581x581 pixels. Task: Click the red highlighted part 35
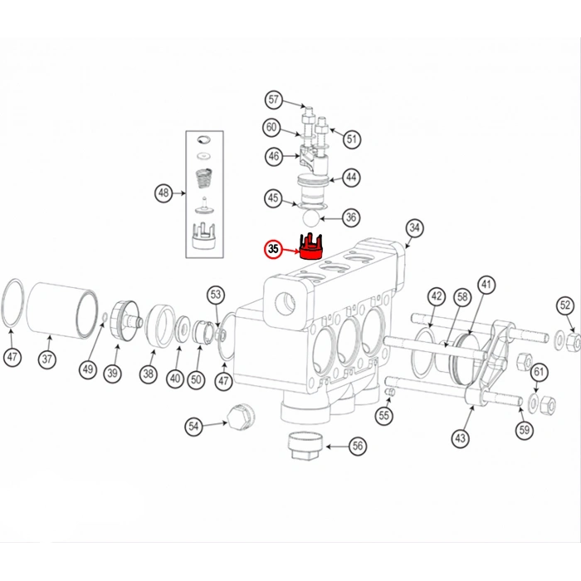pos(312,248)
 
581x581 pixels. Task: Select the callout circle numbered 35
pos(274,248)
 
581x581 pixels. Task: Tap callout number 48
pos(164,193)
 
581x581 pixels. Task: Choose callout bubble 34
pos(414,228)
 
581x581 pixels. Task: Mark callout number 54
pos(194,426)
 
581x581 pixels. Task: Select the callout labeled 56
pos(357,446)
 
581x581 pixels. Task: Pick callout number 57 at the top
pos(274,100)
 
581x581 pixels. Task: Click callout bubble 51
pos(353,139)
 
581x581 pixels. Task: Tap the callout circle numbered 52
pos(565,305)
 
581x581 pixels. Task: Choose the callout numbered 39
pos(112,373)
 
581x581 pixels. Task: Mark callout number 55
pos(383,415)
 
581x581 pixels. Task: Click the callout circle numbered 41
pos(486,285)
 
